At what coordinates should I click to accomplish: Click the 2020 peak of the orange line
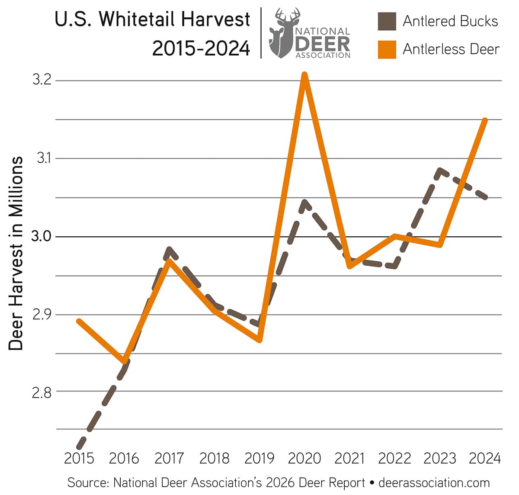coord(305,75)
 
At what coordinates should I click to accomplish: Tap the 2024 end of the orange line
coord(485,120)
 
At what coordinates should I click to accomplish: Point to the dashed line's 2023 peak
coord(440,170)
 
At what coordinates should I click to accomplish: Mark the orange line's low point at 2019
coord(259,341)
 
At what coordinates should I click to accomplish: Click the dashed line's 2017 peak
coord(169,249)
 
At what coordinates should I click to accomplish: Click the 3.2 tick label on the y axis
coord(42,80)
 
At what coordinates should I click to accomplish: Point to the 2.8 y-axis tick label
coord(42,392)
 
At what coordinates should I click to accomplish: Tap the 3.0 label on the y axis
coord(42,237)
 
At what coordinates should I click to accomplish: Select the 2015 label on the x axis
coord(79,458)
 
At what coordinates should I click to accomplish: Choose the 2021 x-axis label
coord(349,458)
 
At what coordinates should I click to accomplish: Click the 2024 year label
coord(485,458)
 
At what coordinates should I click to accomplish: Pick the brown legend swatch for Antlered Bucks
coord(387,22)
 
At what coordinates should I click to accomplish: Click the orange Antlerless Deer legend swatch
coord(387,49)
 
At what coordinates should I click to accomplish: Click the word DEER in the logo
coord(323,43)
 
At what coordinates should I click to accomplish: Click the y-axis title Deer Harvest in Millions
coord(16,253)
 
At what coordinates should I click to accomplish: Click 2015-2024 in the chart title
coord(201,48)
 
